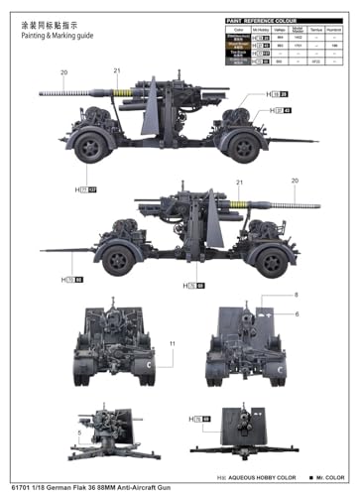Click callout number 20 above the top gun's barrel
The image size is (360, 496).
coord(65,72)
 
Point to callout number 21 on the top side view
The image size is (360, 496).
coord(116,69)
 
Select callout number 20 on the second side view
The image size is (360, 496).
coord(294,181)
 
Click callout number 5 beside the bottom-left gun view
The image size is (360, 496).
coord(80,432)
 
